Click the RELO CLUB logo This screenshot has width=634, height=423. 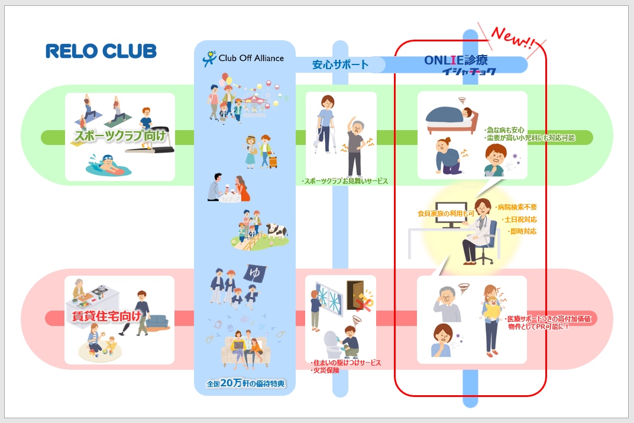pyautogui.click(x=101, y=51)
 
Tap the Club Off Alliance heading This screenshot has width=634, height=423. pyautogui.click(x=244, y=58)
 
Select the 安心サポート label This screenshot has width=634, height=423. pyautogui.click(x=340, y=64)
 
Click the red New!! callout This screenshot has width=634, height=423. pyautogui.click(x=512, y=40)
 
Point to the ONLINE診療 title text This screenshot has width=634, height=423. pyautogui.click(x=460, y=60)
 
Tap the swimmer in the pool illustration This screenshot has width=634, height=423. pyautogui.click(x=106, y=164)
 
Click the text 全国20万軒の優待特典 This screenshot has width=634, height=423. pyautogui.click(x=245, y=383)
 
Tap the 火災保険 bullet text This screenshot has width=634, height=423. pyautogui.click(x=325, y=371)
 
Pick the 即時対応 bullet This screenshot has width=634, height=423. pyautogui.click(x=522, y=231)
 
